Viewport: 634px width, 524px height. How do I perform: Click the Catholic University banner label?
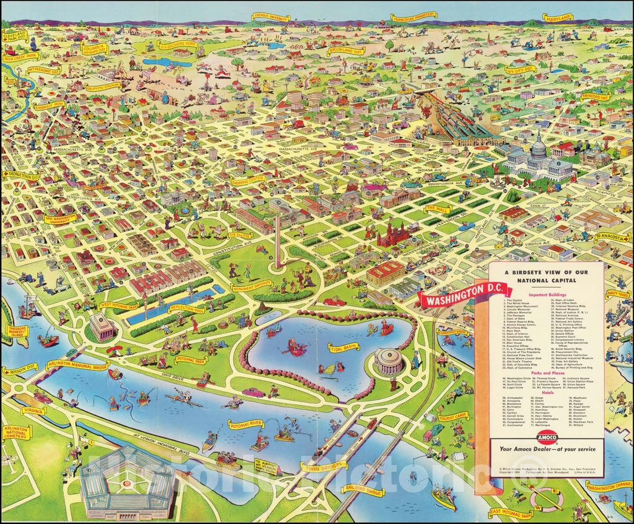(271, 18)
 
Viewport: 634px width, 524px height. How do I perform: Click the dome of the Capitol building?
(538, 145)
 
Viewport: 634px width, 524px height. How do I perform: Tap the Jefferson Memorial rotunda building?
(390, 361)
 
